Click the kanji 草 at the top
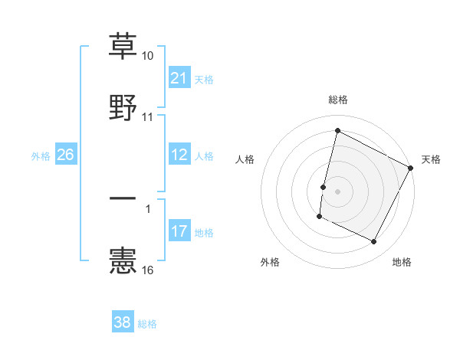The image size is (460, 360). (123, 45)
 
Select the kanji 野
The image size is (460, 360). (123, 106)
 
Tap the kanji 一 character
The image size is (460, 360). (123, 198)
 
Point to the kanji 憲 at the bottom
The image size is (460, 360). (123, 260)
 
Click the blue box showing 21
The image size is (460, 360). (179, 78)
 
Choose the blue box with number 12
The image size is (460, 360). (179, 155)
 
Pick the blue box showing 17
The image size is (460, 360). (179, 231)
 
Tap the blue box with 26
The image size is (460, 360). (65, 155)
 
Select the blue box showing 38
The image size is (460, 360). (123, 322)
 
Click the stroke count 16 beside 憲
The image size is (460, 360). (148, 270)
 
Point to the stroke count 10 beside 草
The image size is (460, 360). (148, 56)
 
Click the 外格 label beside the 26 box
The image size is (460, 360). (41, 155)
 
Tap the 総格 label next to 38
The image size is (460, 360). (147, 323)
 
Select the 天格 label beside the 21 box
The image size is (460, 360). (204, 79)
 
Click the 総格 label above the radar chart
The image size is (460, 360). (338, 100)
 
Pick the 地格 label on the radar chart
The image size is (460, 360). (402, 262)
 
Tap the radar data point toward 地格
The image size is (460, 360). (374, 242)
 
